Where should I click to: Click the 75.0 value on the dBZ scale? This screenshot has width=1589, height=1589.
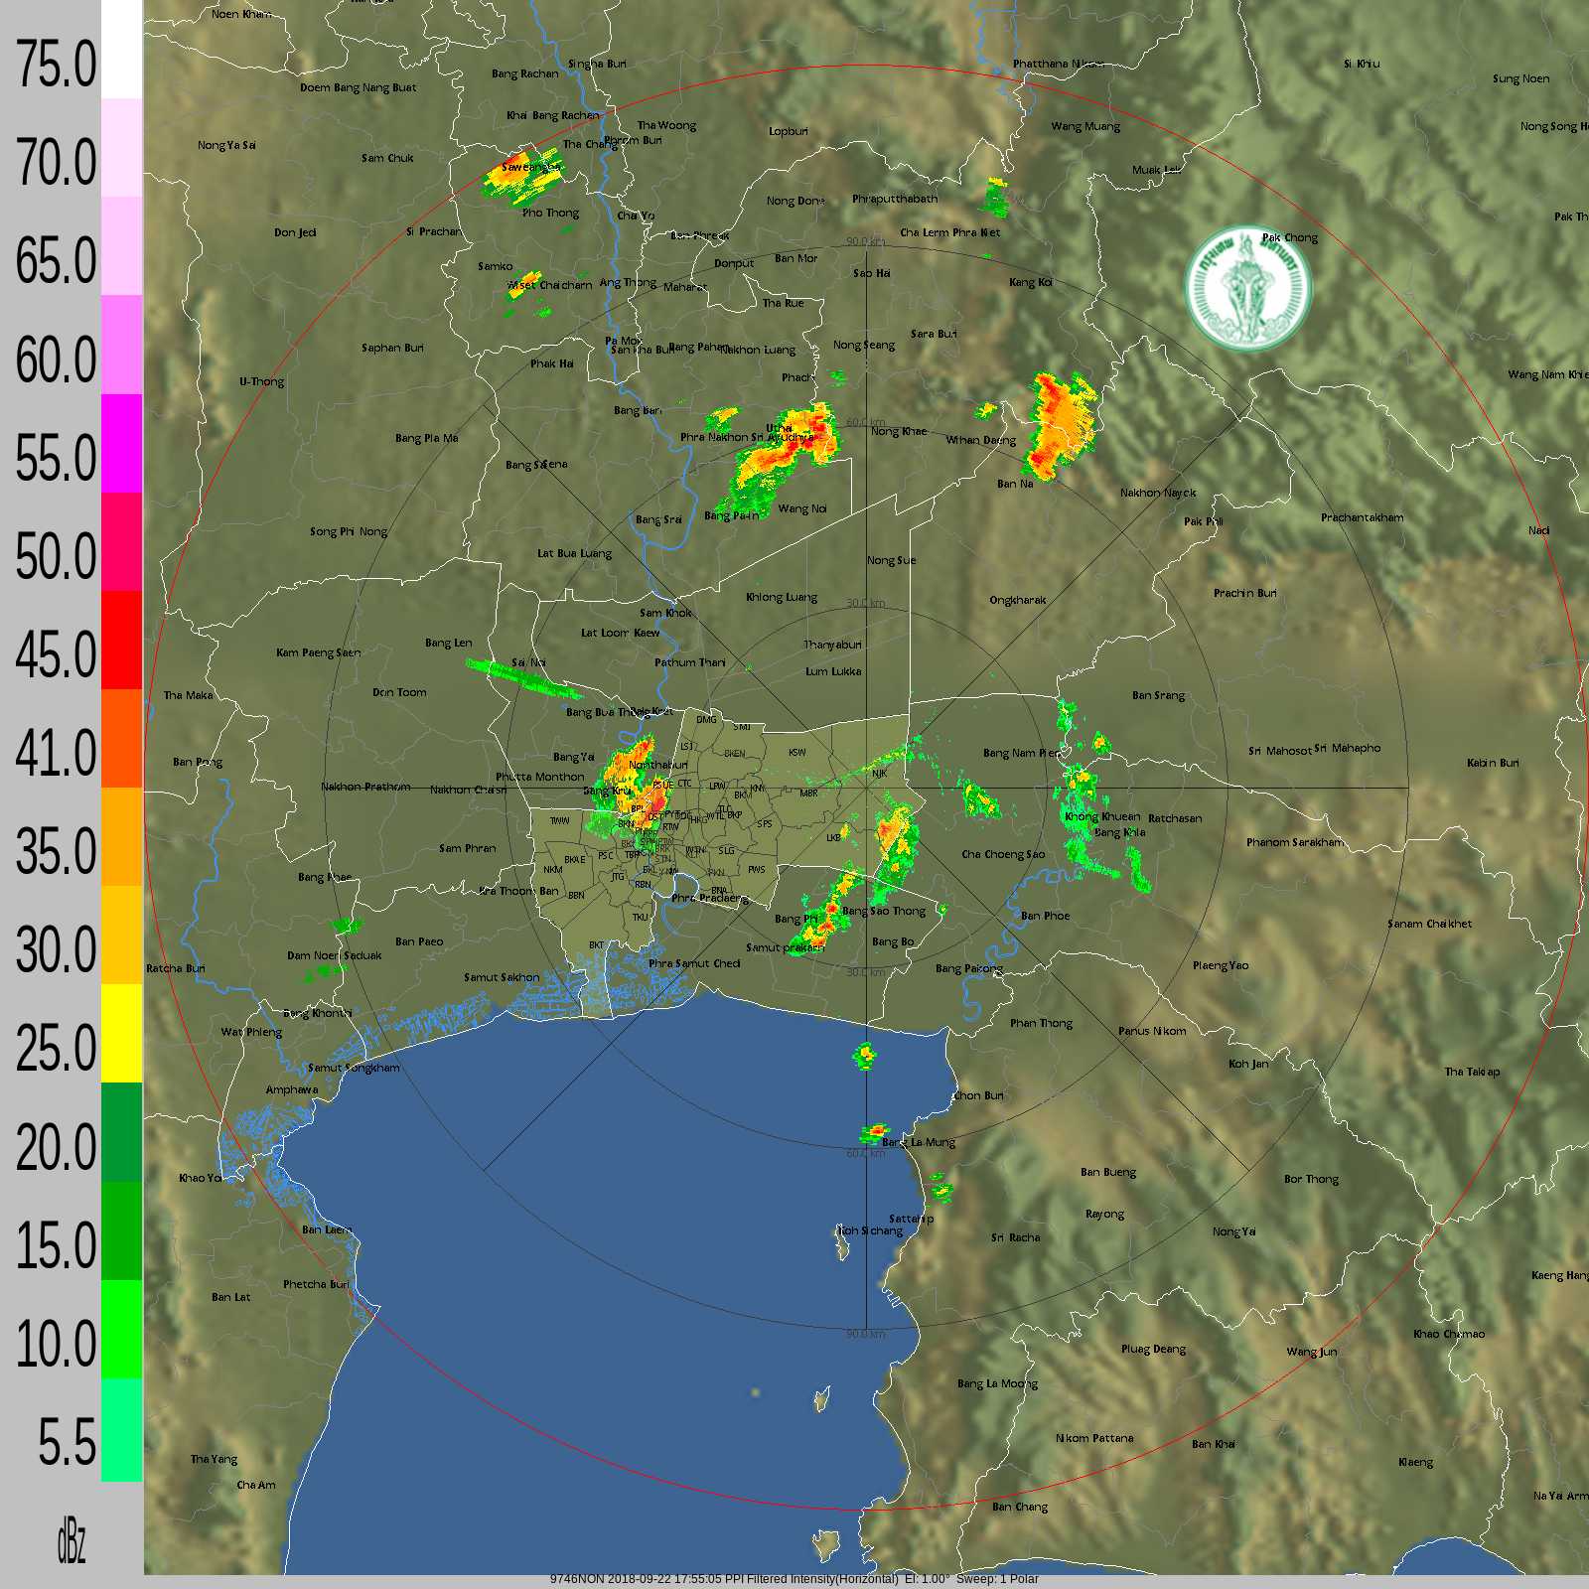[x=56, y=66]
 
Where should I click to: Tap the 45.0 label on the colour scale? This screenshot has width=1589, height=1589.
[x=56, y=655]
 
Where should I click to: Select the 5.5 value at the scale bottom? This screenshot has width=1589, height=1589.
[x=67, y=1443]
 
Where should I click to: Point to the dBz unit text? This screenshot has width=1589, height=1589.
[x=71, y=1542]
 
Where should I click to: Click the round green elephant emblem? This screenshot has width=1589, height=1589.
[x=1248, y=288]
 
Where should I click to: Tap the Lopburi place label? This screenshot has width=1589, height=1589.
[x=788, y=131]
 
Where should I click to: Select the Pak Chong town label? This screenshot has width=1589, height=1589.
[x=1289, y=237]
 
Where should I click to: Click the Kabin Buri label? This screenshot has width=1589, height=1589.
[x=1493, y=763]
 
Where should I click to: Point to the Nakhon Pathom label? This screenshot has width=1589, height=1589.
[x=365, y=787]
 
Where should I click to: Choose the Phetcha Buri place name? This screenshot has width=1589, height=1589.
[x=316, y=1284]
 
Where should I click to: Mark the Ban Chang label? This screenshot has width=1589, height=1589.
[x=1019, y=1507]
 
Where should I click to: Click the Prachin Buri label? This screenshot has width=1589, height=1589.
[x=1244, y=593]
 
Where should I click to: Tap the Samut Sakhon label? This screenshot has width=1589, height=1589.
[x=502, y=977]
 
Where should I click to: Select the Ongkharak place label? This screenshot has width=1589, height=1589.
[x=1017, y=600]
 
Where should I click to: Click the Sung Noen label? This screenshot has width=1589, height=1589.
[x=1520, y=78]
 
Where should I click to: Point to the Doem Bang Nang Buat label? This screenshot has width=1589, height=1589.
[x=359, y=87]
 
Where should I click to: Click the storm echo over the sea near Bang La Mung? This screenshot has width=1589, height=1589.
[x=874, y=1131]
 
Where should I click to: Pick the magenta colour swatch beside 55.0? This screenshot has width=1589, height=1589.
[x=121, y=443]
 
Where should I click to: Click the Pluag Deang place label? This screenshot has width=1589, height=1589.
[x=1153, y=1349]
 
